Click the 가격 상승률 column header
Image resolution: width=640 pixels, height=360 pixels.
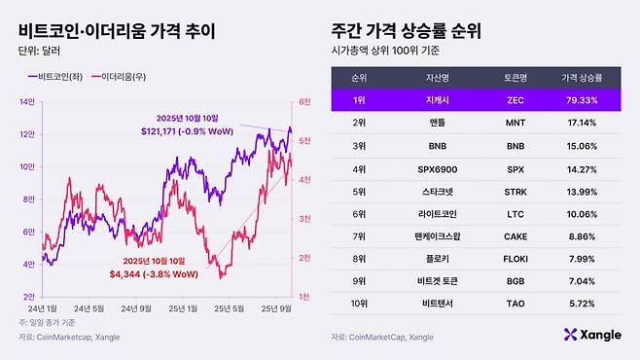tap(581, 75)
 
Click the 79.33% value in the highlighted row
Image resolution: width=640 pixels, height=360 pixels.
tap(581, 99)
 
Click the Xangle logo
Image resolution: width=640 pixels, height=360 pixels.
tap(592, 335)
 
